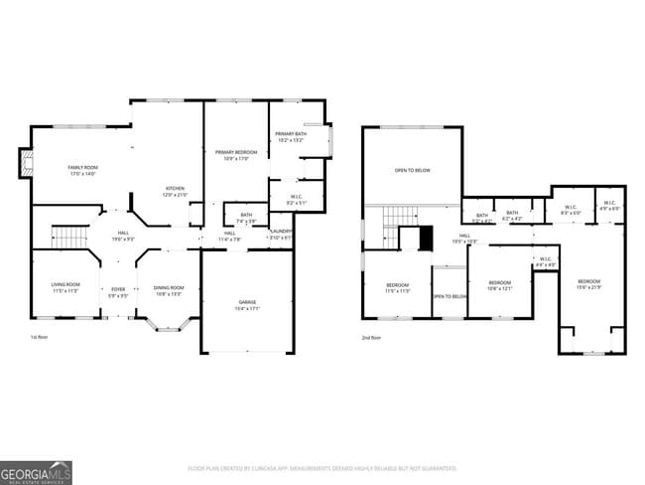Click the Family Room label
coord(81,170)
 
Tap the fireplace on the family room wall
coord(25,163)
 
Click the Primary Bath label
coord(290,136)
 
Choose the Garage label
coord(247,303)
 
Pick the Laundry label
coord(281,235)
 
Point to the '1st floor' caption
coord(39,338)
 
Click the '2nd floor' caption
coord(371,338)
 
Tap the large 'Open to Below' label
coord(412,171)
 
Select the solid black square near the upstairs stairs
coord(427,239)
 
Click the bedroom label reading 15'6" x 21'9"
coord(589,283)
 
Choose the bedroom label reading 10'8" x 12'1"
coord(499,285)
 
